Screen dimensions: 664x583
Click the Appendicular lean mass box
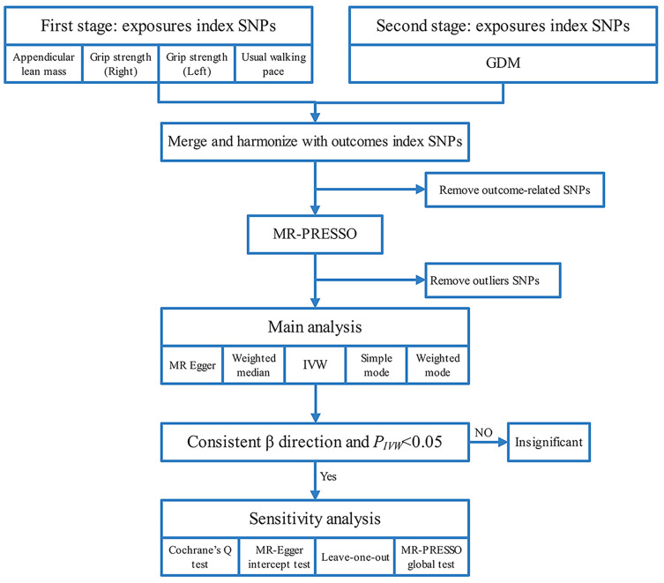point(43,64)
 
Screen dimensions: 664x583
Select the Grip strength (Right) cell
point(121,64)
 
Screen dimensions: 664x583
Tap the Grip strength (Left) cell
point(197,64)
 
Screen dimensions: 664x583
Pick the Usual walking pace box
point(273,64)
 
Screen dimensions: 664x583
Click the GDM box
point(504,64)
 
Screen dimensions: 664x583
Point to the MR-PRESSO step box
point(315,234)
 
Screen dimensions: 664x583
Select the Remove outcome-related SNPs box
point(514,190)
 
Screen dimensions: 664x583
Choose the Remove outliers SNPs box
point(493,280)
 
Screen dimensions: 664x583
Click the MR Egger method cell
point(192,365)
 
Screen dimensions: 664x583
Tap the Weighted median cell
point(254,365)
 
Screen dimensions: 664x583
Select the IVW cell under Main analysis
point(315,365)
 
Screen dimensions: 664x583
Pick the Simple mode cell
point(377,365)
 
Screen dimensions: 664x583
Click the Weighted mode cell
point(438,365)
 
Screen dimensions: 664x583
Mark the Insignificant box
point(548,442)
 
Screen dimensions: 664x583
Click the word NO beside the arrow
point(483,432)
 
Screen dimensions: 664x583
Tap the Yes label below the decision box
point(328,476)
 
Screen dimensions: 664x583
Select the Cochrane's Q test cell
point(200,557)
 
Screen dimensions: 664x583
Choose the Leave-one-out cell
point(355,557)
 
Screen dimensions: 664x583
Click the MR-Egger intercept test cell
point(279,557)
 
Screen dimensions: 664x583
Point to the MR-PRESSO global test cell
point(431,557)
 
